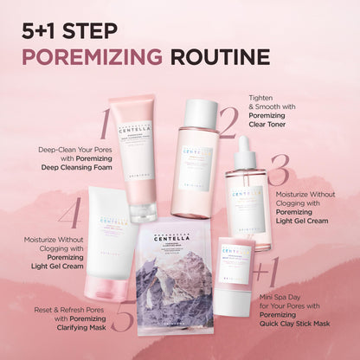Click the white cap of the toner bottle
[x=201, y=112]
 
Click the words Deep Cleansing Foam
[x=68, y=167]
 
